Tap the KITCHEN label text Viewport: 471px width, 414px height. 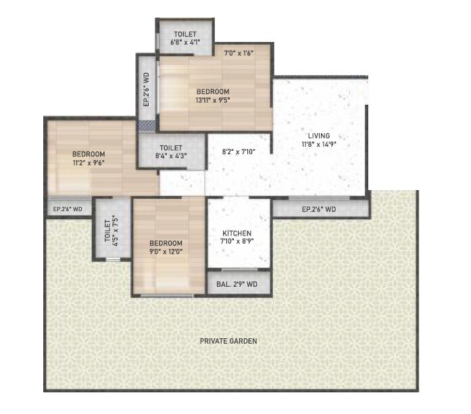pos(237,233)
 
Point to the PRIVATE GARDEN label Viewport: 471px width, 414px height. pos(228,341)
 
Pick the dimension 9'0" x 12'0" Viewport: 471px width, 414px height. pos(166,252)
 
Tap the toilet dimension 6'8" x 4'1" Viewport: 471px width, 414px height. pos(184,42)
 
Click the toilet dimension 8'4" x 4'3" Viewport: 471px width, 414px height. pos(171,156)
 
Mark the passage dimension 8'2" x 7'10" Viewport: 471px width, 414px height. pos(237,153)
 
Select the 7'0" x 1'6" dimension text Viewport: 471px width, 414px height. pos(239,52)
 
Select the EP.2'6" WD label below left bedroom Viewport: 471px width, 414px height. pos(68,209)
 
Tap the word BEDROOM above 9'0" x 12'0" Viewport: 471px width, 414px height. pos(166,243)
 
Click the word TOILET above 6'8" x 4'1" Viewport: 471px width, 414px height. pos(184,32)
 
